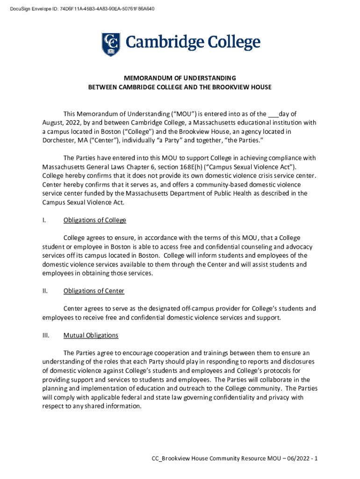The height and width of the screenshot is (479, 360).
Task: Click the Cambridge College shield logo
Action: [x=111, y=44]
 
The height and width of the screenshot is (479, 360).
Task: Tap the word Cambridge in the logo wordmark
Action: [x=158, y=43]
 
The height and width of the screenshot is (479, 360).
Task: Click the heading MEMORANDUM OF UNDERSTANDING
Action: [x=180, y=78]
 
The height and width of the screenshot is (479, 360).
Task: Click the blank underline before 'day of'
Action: [x=273, y=114]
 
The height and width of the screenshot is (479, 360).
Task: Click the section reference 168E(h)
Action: [x=198, y=167]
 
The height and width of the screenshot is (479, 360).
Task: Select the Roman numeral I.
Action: [x=43, y=220]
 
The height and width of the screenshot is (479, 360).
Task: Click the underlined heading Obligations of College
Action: [x=94, y=220]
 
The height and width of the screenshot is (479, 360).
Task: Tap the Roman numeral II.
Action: [x=44, y=291]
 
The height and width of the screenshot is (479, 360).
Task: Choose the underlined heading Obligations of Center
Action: [x=94, y=291]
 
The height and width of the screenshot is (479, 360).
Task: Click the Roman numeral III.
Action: [x=45, y=335]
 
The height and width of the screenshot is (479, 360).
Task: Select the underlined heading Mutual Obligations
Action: [x=91, y=335]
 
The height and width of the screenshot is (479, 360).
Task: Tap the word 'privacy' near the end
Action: [x=274, y=398]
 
